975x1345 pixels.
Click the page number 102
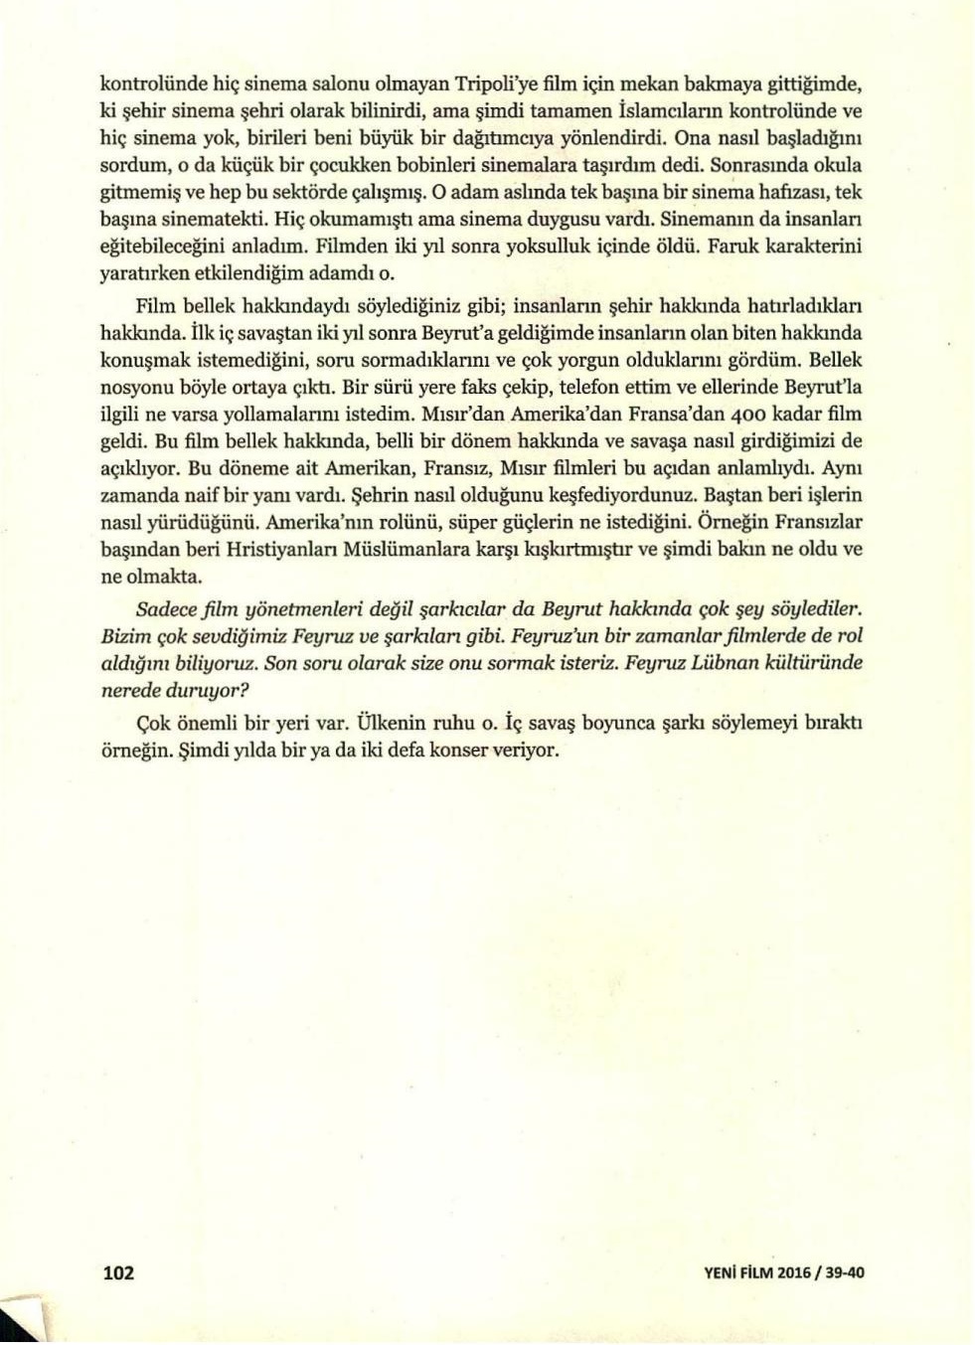[118, 1272]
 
